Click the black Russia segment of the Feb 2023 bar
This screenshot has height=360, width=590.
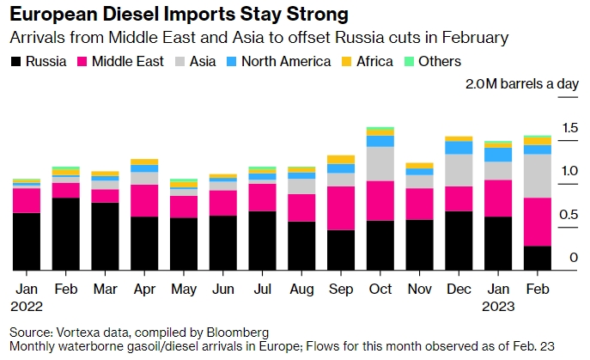(537, 258)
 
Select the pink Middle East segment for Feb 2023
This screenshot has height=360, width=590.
(537, 222)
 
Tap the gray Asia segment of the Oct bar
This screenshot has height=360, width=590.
(380, 163)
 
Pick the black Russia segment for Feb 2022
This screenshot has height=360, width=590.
(65, 234)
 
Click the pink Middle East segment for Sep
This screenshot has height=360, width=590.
(340, 208)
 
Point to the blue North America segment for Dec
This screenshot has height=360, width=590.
(459, 148)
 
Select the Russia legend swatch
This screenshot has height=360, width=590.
(16, 62)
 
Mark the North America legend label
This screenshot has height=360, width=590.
(284, 62)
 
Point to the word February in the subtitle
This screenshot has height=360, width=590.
(460, 38)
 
